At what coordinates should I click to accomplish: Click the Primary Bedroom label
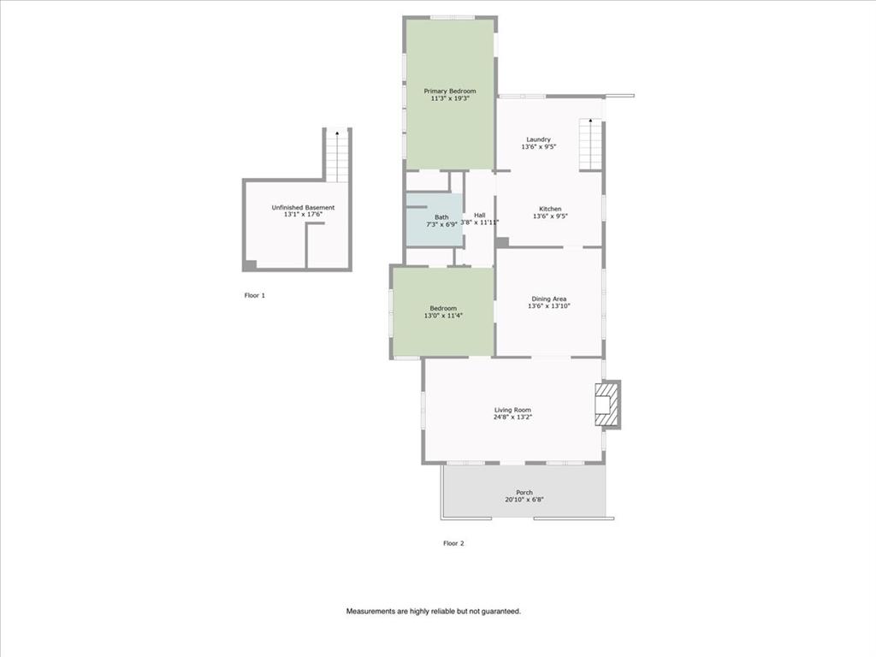click(x=450, y=91)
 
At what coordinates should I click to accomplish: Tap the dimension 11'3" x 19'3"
click(x=450, y=98)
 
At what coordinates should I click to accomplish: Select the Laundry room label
click(x=538, y=139)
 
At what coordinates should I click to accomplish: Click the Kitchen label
click(x=550, y=209)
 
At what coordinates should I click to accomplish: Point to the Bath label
click(x=441, y=217)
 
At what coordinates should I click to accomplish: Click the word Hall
click(x=479, y=215)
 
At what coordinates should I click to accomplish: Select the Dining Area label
click(x=548, y=299)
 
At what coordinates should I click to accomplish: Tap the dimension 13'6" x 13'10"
click(x=548, y=306)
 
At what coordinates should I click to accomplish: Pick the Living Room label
click(x=512, y=410)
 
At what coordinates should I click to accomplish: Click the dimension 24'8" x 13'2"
click(x=512, y=417)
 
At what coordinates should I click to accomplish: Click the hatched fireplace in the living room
click(x=605, y=404)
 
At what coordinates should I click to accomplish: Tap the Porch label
click(x=524, y=492)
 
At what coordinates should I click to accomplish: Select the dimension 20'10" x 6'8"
click(x=524, y=500)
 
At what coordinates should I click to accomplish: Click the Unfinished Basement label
click(x=303, y=207)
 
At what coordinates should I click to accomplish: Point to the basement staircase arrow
click(x=338, y=133)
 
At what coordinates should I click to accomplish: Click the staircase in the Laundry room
click(x=590, y=145)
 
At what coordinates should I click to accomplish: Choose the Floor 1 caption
click(x=255, y=295)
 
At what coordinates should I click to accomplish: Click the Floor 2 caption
click(x=453, y=542)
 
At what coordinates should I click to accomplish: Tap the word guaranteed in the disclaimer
click(x=499, y=612)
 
